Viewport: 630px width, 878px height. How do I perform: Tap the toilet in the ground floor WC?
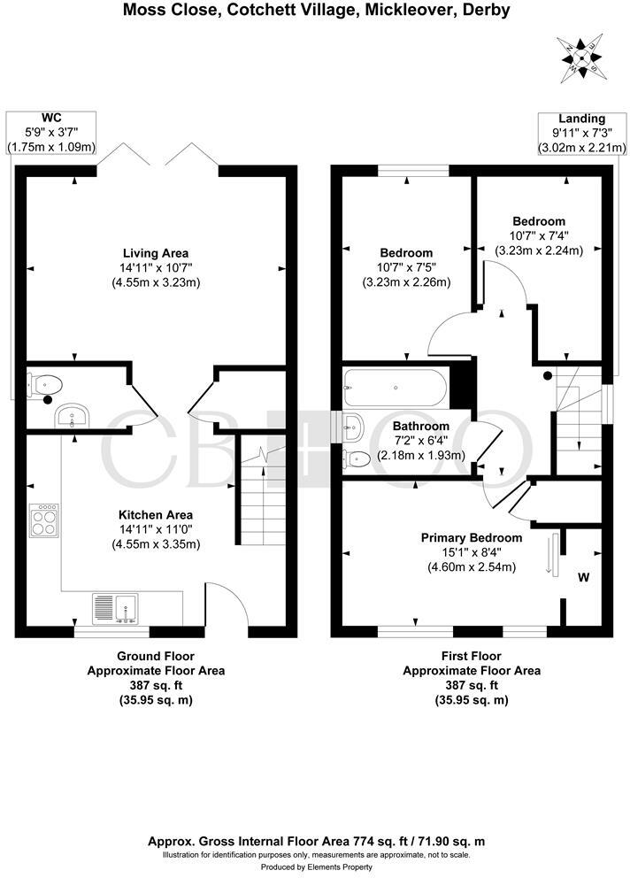(49, 384)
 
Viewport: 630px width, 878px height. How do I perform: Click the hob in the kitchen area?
(45, 519)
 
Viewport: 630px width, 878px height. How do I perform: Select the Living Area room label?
(156, 252)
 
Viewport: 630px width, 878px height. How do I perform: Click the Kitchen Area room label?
(156, 514)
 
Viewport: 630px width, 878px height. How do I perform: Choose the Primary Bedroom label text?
(471, 537)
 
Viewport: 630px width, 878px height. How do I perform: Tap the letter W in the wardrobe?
(583, 578)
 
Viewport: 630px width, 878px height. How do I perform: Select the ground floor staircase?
(262, 496)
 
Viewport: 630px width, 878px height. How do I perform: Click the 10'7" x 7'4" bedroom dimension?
(538, 235)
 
